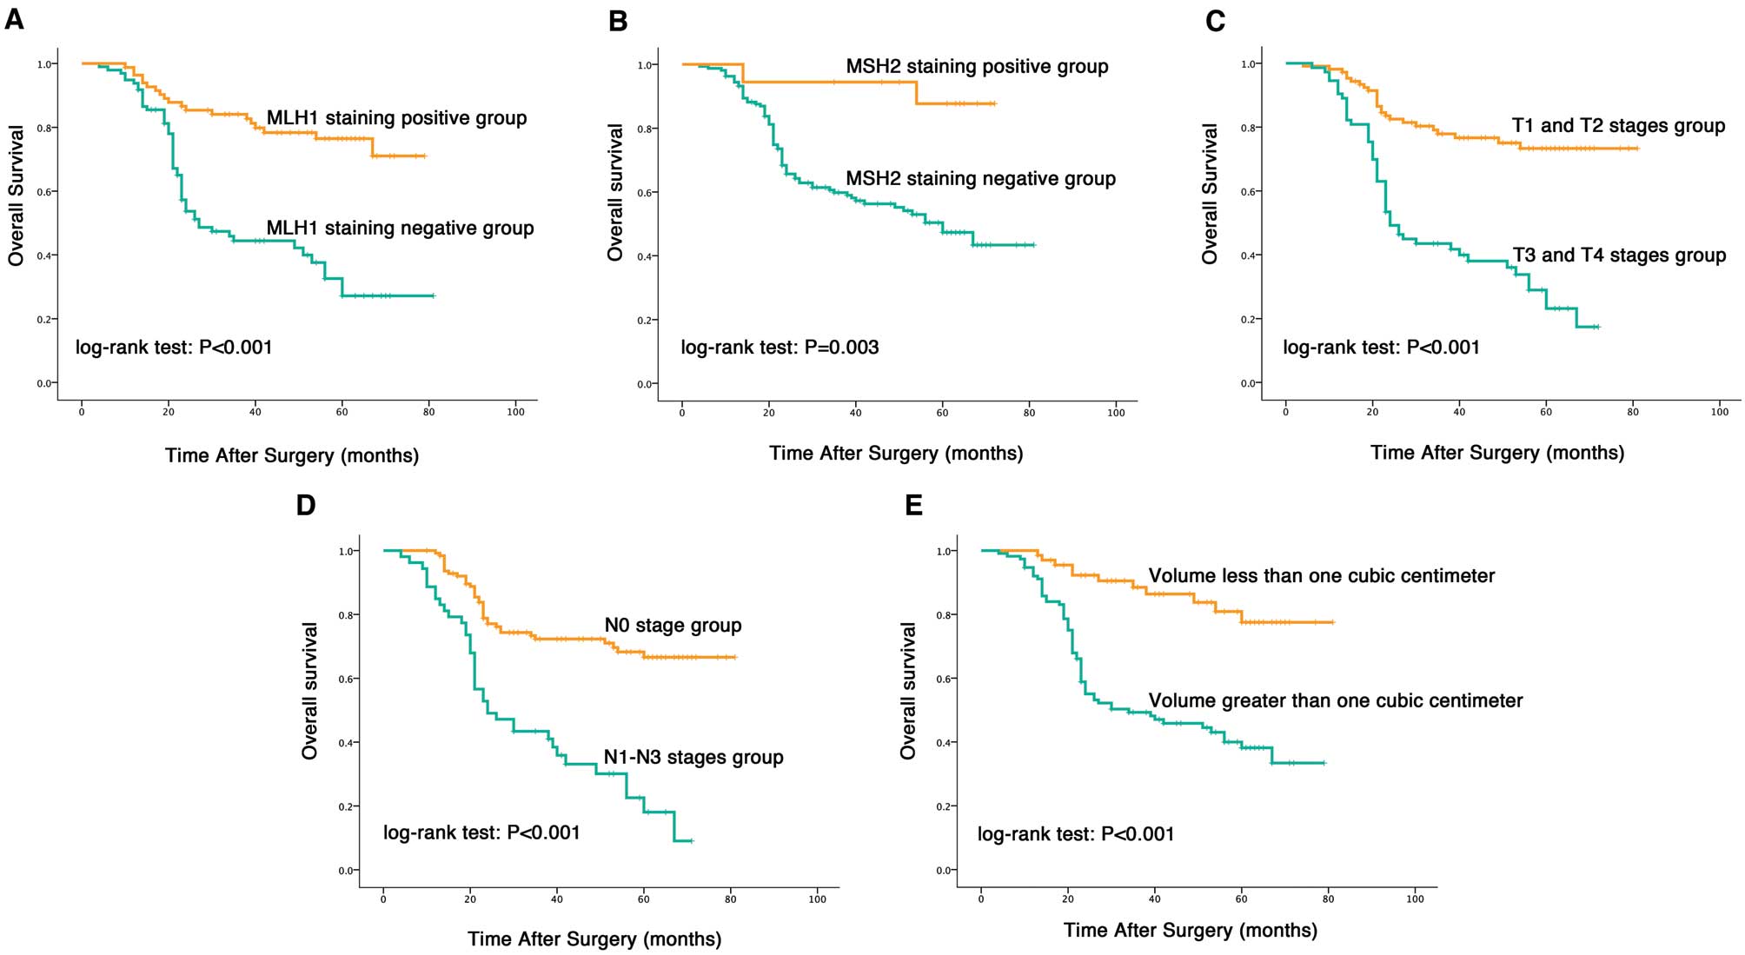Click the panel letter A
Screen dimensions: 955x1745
pyautogui.click(x=14, y=18)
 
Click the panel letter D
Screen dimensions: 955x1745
pyautogui.click(x=306, y=505)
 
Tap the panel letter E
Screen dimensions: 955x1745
pyautogui.click(x=913, y=505)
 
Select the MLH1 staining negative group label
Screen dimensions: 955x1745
pyautogui.click(x=400, y=229)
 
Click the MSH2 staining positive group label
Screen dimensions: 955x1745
pyautogui.click(x=977, y=67)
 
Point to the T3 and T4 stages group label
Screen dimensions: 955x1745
pyautogui.click(x=1619, y=255)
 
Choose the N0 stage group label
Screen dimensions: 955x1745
pyautogui.click(x=673, y=626)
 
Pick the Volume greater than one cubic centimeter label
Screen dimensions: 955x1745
pyautogui.click(x=1335, y=701)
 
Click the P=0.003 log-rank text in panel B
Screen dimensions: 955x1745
pyautogui.click(x=780, y=348)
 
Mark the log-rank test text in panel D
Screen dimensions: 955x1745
pyautogui.click(x=481, y=832)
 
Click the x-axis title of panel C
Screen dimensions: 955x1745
pyautogui.click(x=1496, y=453)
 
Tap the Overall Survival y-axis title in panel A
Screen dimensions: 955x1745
pyautogui.click(x=17, y=195)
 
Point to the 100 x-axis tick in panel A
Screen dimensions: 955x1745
pyautogui.click(x=515, y=412)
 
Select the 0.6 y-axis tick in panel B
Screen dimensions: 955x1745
pyautogui.click(x=645, y=193)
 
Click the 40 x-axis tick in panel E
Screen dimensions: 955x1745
pyautogui.click(x=1154, y=899)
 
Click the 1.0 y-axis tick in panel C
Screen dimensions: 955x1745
pyautogui.click(x=1247, y=64)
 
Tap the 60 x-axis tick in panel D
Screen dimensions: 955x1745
pyautogui.click(x=643, y=899)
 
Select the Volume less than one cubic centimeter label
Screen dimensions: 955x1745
pyautogui.click(x=1321, y=576)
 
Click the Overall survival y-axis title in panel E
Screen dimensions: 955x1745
pyautogui.click(x=908, y=691)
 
